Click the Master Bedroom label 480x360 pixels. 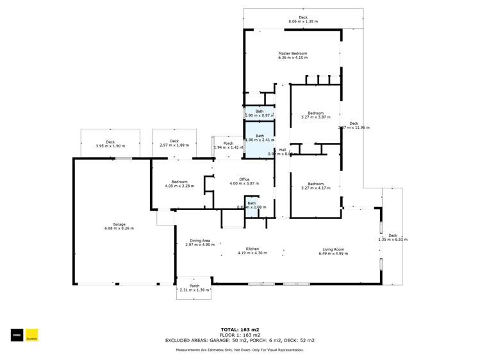(x=292, y=53)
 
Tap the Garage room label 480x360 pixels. (x=119, y=224)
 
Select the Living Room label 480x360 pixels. (x=333, y=249)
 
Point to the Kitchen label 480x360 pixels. (x=252, y=249)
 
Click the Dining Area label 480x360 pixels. (x=198, y=241)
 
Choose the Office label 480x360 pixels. (x=244, y=179)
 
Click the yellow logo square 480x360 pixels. (x=32, y=335)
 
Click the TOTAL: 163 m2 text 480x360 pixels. (x=240, y=329)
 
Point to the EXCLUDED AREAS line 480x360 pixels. (x=240, y=340)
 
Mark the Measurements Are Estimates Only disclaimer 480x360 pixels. (x=240, y=350)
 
